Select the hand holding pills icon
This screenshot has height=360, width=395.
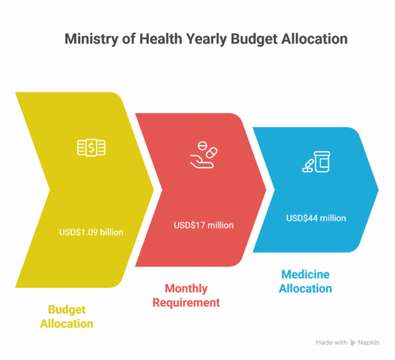click(204, 155)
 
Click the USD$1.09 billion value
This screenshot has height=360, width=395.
click(91, 232)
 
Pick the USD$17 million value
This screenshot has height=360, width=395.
click(204, 225)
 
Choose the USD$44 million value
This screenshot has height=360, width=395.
click(316, 218)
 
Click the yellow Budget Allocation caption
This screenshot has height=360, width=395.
click(67, 316)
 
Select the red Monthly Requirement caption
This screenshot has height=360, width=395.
click(186, 296)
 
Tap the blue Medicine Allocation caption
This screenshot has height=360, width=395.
click(306, 282)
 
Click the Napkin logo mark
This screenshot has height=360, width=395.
click(353, 343)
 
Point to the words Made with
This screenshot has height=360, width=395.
click(331, 343)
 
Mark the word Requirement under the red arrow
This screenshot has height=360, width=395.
click(186, 303)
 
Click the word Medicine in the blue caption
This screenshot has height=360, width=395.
click(306, 275)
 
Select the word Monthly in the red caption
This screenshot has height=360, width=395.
click(186, 289)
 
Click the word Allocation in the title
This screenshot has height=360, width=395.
click(321, 39)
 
